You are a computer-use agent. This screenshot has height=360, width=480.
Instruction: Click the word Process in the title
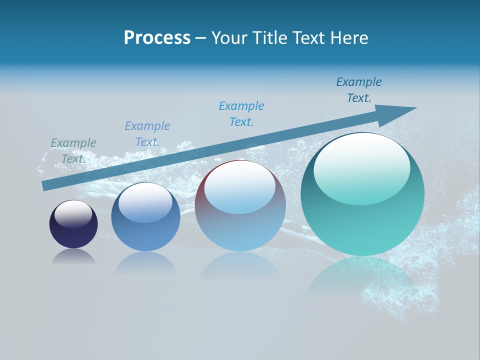coord(157,38)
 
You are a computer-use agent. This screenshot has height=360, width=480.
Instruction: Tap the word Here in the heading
coord(348,38)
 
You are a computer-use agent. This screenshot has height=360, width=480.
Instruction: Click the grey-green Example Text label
coord(73,150)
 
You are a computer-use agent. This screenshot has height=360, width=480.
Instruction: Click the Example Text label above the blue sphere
coord(147,133)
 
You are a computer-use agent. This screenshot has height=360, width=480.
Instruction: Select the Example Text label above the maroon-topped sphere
coord(241,113)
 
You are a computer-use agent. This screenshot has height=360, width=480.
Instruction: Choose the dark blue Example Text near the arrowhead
coord(359,89)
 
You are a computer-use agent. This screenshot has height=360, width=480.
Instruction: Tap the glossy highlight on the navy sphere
coord(73,213)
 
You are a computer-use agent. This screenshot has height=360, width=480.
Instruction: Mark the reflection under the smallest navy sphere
coord(73,257)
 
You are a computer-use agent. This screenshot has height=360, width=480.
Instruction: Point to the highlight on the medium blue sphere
coord(145,201)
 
